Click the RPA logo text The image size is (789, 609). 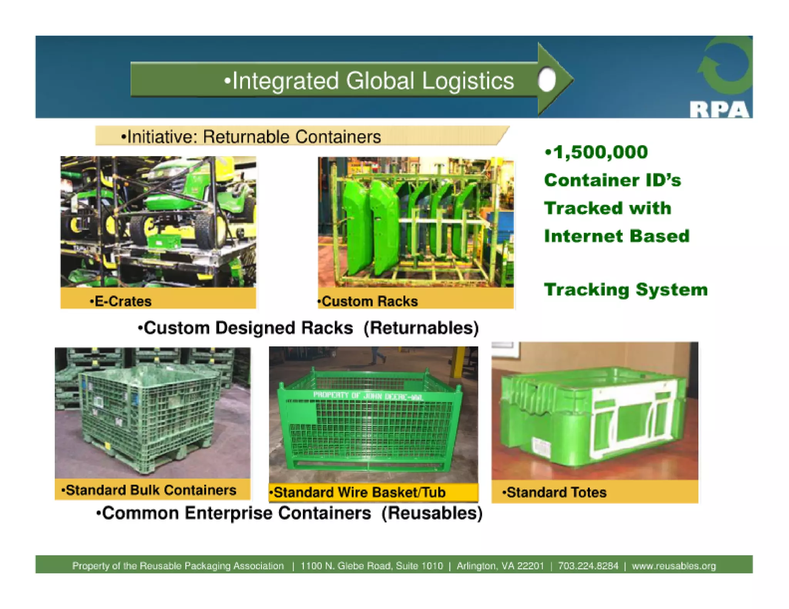719,110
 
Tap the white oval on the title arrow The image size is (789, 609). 547,80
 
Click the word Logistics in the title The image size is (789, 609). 468,81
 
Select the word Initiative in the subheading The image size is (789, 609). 161,137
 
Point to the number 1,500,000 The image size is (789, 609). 600,152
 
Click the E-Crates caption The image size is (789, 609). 123,301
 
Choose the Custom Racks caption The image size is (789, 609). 369,301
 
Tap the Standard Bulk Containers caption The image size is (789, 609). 151,490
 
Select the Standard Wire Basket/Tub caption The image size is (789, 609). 359,492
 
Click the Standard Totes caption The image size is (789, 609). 556,492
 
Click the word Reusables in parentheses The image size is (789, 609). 432,513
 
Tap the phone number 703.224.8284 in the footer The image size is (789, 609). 588,566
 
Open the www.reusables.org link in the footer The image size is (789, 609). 674,566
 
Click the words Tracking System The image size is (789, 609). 626,290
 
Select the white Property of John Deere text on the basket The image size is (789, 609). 368,395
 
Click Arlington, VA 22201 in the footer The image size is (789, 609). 500,566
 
